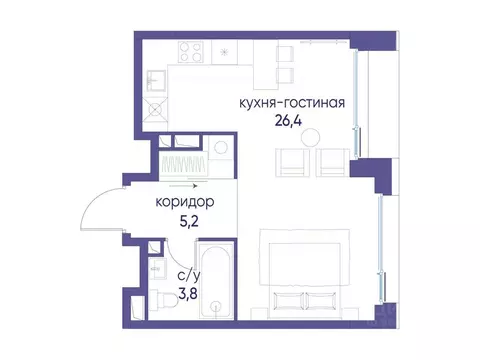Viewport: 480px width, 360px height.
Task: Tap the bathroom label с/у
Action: pyautogui.click(x=189, y=274)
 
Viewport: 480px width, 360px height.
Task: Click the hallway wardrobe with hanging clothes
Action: pyautogui.click(x=184, y=162)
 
